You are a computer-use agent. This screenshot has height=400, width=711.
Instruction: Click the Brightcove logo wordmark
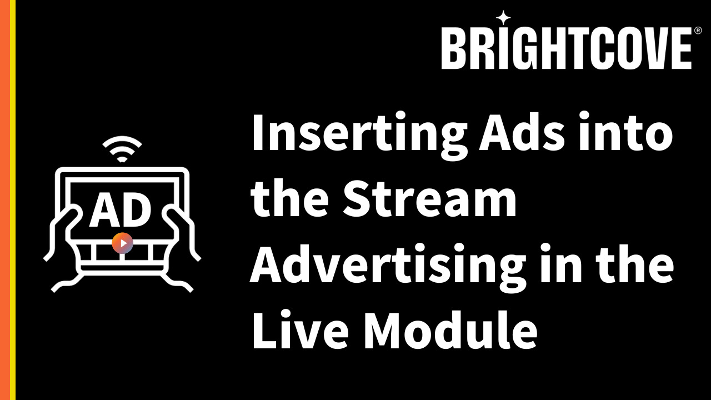[x=566, y=48]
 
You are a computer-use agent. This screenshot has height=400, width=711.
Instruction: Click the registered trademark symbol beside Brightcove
[x=698, y=31]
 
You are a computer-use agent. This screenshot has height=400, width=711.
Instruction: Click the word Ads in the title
[x=522, y=131]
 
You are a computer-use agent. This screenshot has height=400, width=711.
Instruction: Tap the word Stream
[x=429, y=199]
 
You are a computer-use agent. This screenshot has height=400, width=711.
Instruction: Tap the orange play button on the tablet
[x=123, y=243]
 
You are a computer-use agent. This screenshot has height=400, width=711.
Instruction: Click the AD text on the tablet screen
[x=121, y=210]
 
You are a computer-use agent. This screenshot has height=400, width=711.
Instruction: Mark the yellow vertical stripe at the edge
[x=13, y=200]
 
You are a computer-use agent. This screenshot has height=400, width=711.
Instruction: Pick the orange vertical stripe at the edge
[x=5, y=200]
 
